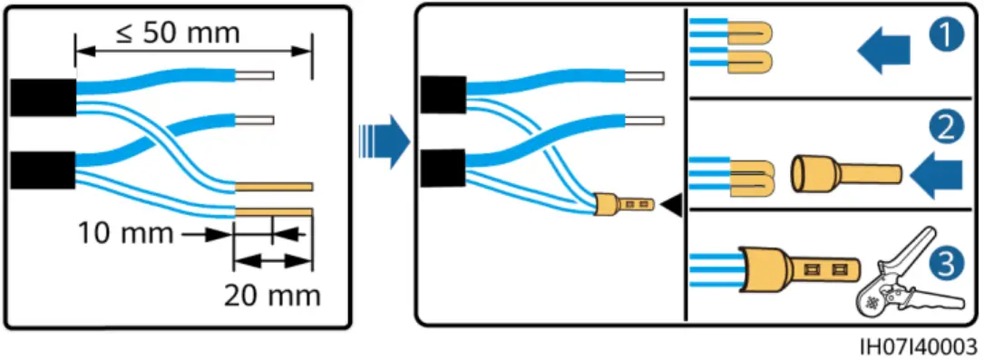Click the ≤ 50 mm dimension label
(x=178, y=34)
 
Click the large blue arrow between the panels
(x=380, y=141)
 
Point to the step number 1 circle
(x=948, y=39)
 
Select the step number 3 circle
(x=948, y=264)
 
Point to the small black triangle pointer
(x=671, y=208)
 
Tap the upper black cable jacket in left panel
(x=43, y=97)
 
